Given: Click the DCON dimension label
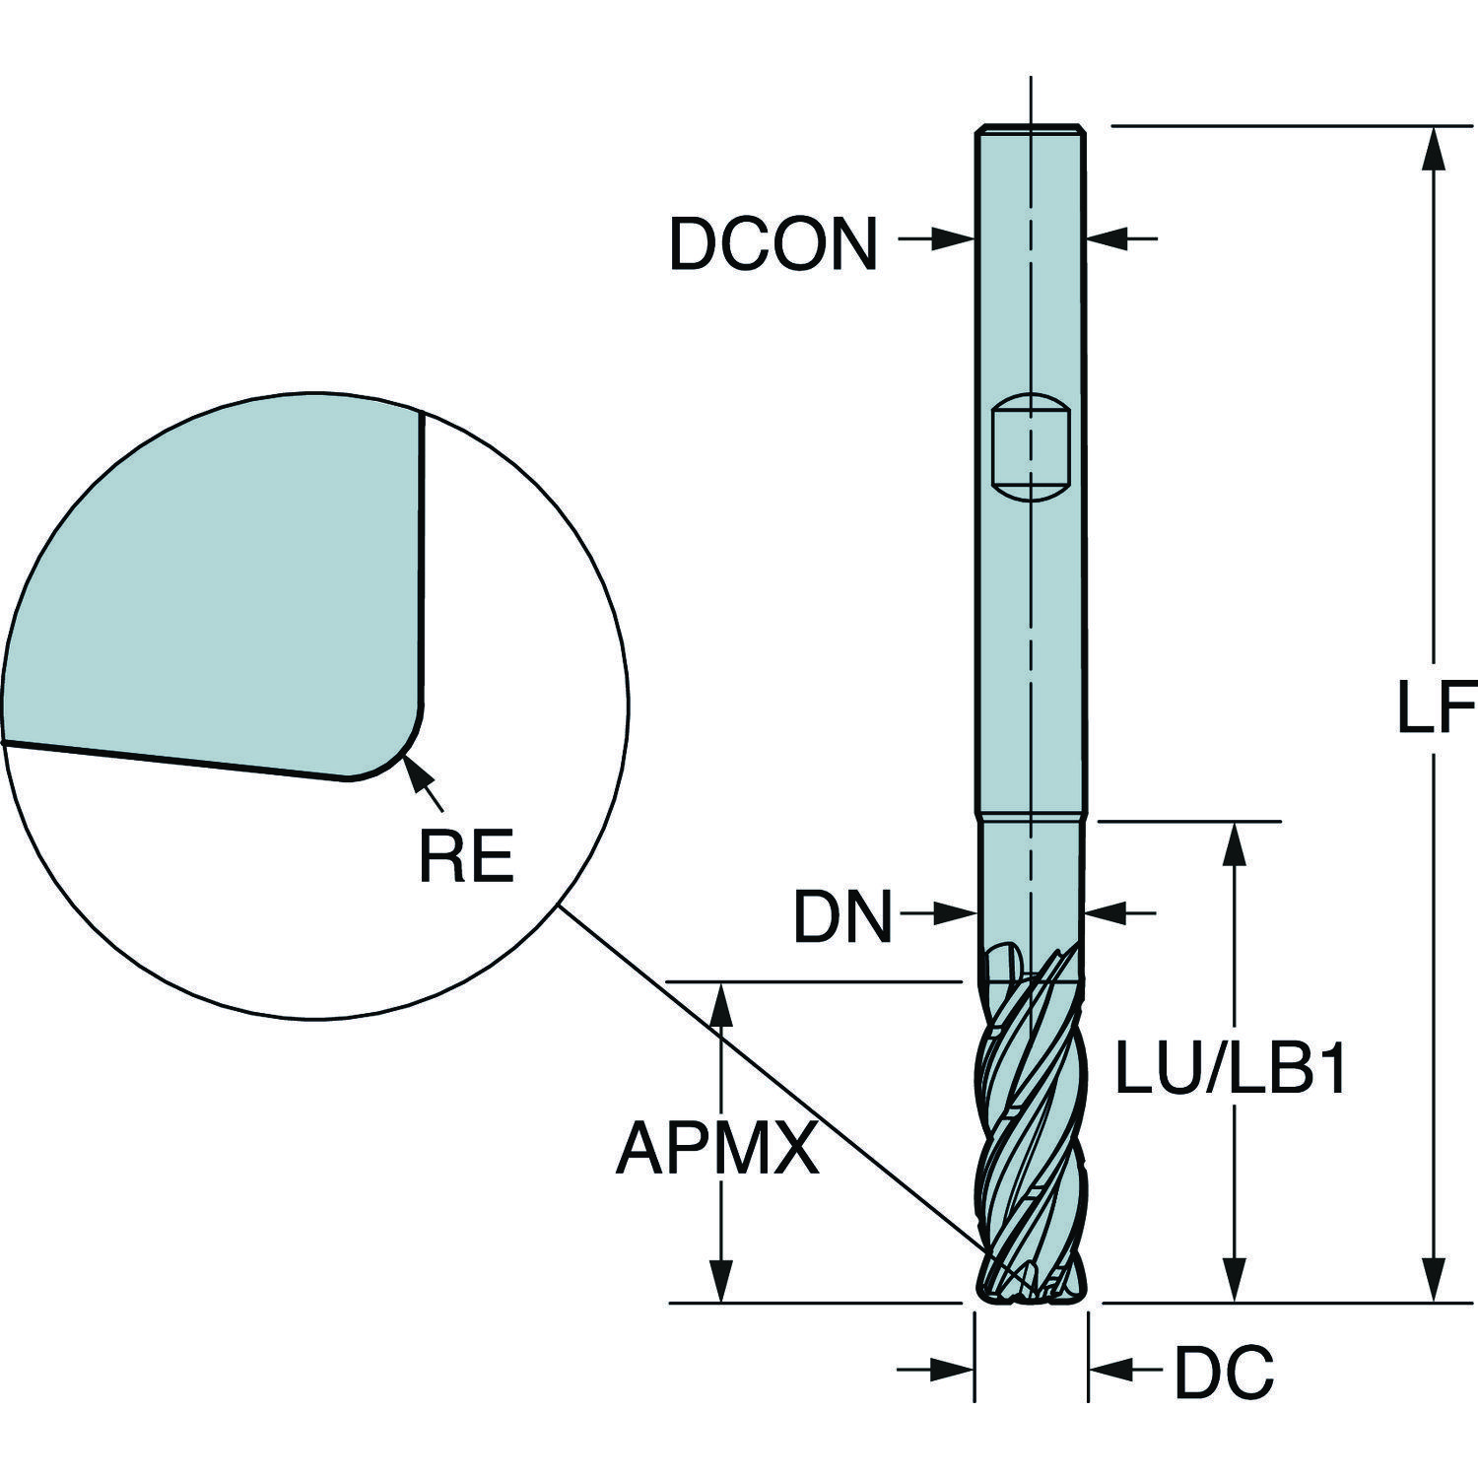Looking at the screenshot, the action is [x=773, y=243].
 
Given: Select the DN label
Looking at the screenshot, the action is [x=843, y=917].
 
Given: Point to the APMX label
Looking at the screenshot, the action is [x=717, y=1149].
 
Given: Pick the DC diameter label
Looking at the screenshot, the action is [x=1224, y=1370].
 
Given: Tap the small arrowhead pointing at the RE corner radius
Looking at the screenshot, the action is [x=415, y=770].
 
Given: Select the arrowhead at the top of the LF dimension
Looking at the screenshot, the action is [x=1437, y=149].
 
